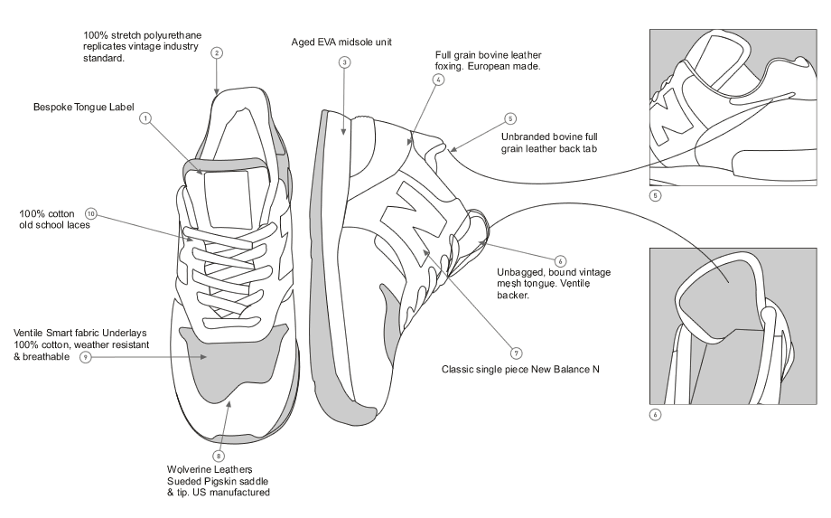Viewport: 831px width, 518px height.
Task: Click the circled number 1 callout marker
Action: coord(145,118)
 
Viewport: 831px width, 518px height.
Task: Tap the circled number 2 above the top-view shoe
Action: coord(217,52)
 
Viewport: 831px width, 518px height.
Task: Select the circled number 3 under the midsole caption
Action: coord(344,63)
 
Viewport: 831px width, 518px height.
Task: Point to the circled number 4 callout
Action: coord(438,80)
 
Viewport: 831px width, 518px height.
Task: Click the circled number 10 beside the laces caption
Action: coord(90,214)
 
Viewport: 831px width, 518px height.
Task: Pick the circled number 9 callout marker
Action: coord(84,358)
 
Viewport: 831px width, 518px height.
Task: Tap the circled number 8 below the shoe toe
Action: coord(218,456)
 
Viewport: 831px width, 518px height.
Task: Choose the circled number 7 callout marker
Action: coord(517,352)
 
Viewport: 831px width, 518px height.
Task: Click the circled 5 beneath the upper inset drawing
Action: coord(655,194)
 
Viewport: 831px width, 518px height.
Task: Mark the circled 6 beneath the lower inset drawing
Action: coord(655,415)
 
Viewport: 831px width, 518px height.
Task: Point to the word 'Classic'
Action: coord(461,370)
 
